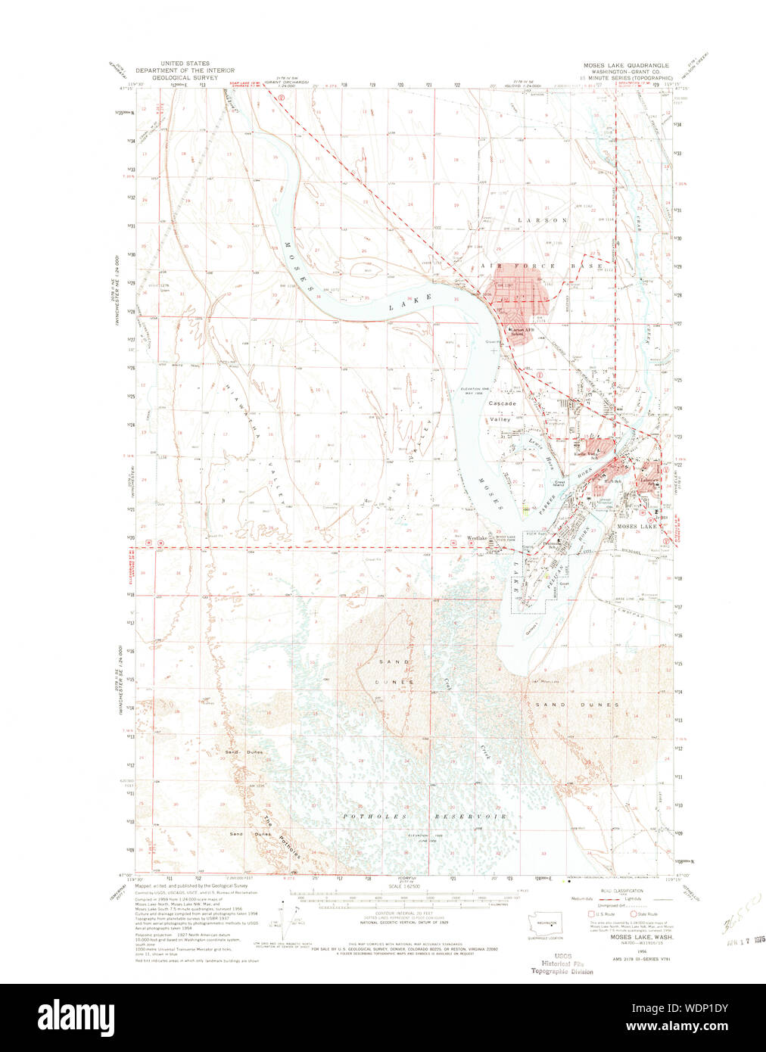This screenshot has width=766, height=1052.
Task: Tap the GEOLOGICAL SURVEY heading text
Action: pos(185,77)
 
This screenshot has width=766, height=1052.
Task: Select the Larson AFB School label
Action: pos(527,331)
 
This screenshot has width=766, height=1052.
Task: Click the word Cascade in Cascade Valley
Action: pos(502,403)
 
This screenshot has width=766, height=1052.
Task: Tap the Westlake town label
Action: pos(477,538)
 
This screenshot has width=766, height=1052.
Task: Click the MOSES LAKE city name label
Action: pos(637,526)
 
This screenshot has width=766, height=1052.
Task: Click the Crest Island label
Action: pos(560,483)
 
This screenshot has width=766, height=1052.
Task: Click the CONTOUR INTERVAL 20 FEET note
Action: pos(403,914)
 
